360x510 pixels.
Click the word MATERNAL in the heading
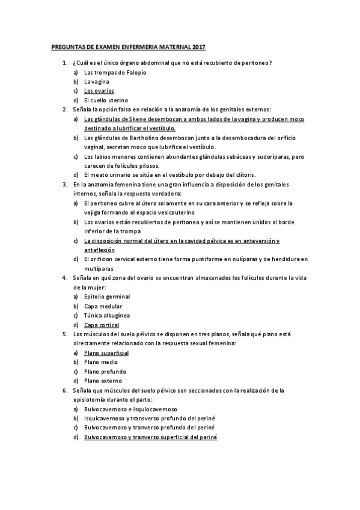174,46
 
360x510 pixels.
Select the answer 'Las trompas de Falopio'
115,72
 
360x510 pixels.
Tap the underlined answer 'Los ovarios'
99,91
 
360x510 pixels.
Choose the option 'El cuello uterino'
106,100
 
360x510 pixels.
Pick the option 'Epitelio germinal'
107,296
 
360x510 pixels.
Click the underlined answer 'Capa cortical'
102,325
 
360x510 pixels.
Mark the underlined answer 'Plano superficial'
106,352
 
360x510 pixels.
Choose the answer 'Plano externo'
103,381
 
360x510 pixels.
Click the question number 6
64,390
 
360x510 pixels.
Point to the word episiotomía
90,399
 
